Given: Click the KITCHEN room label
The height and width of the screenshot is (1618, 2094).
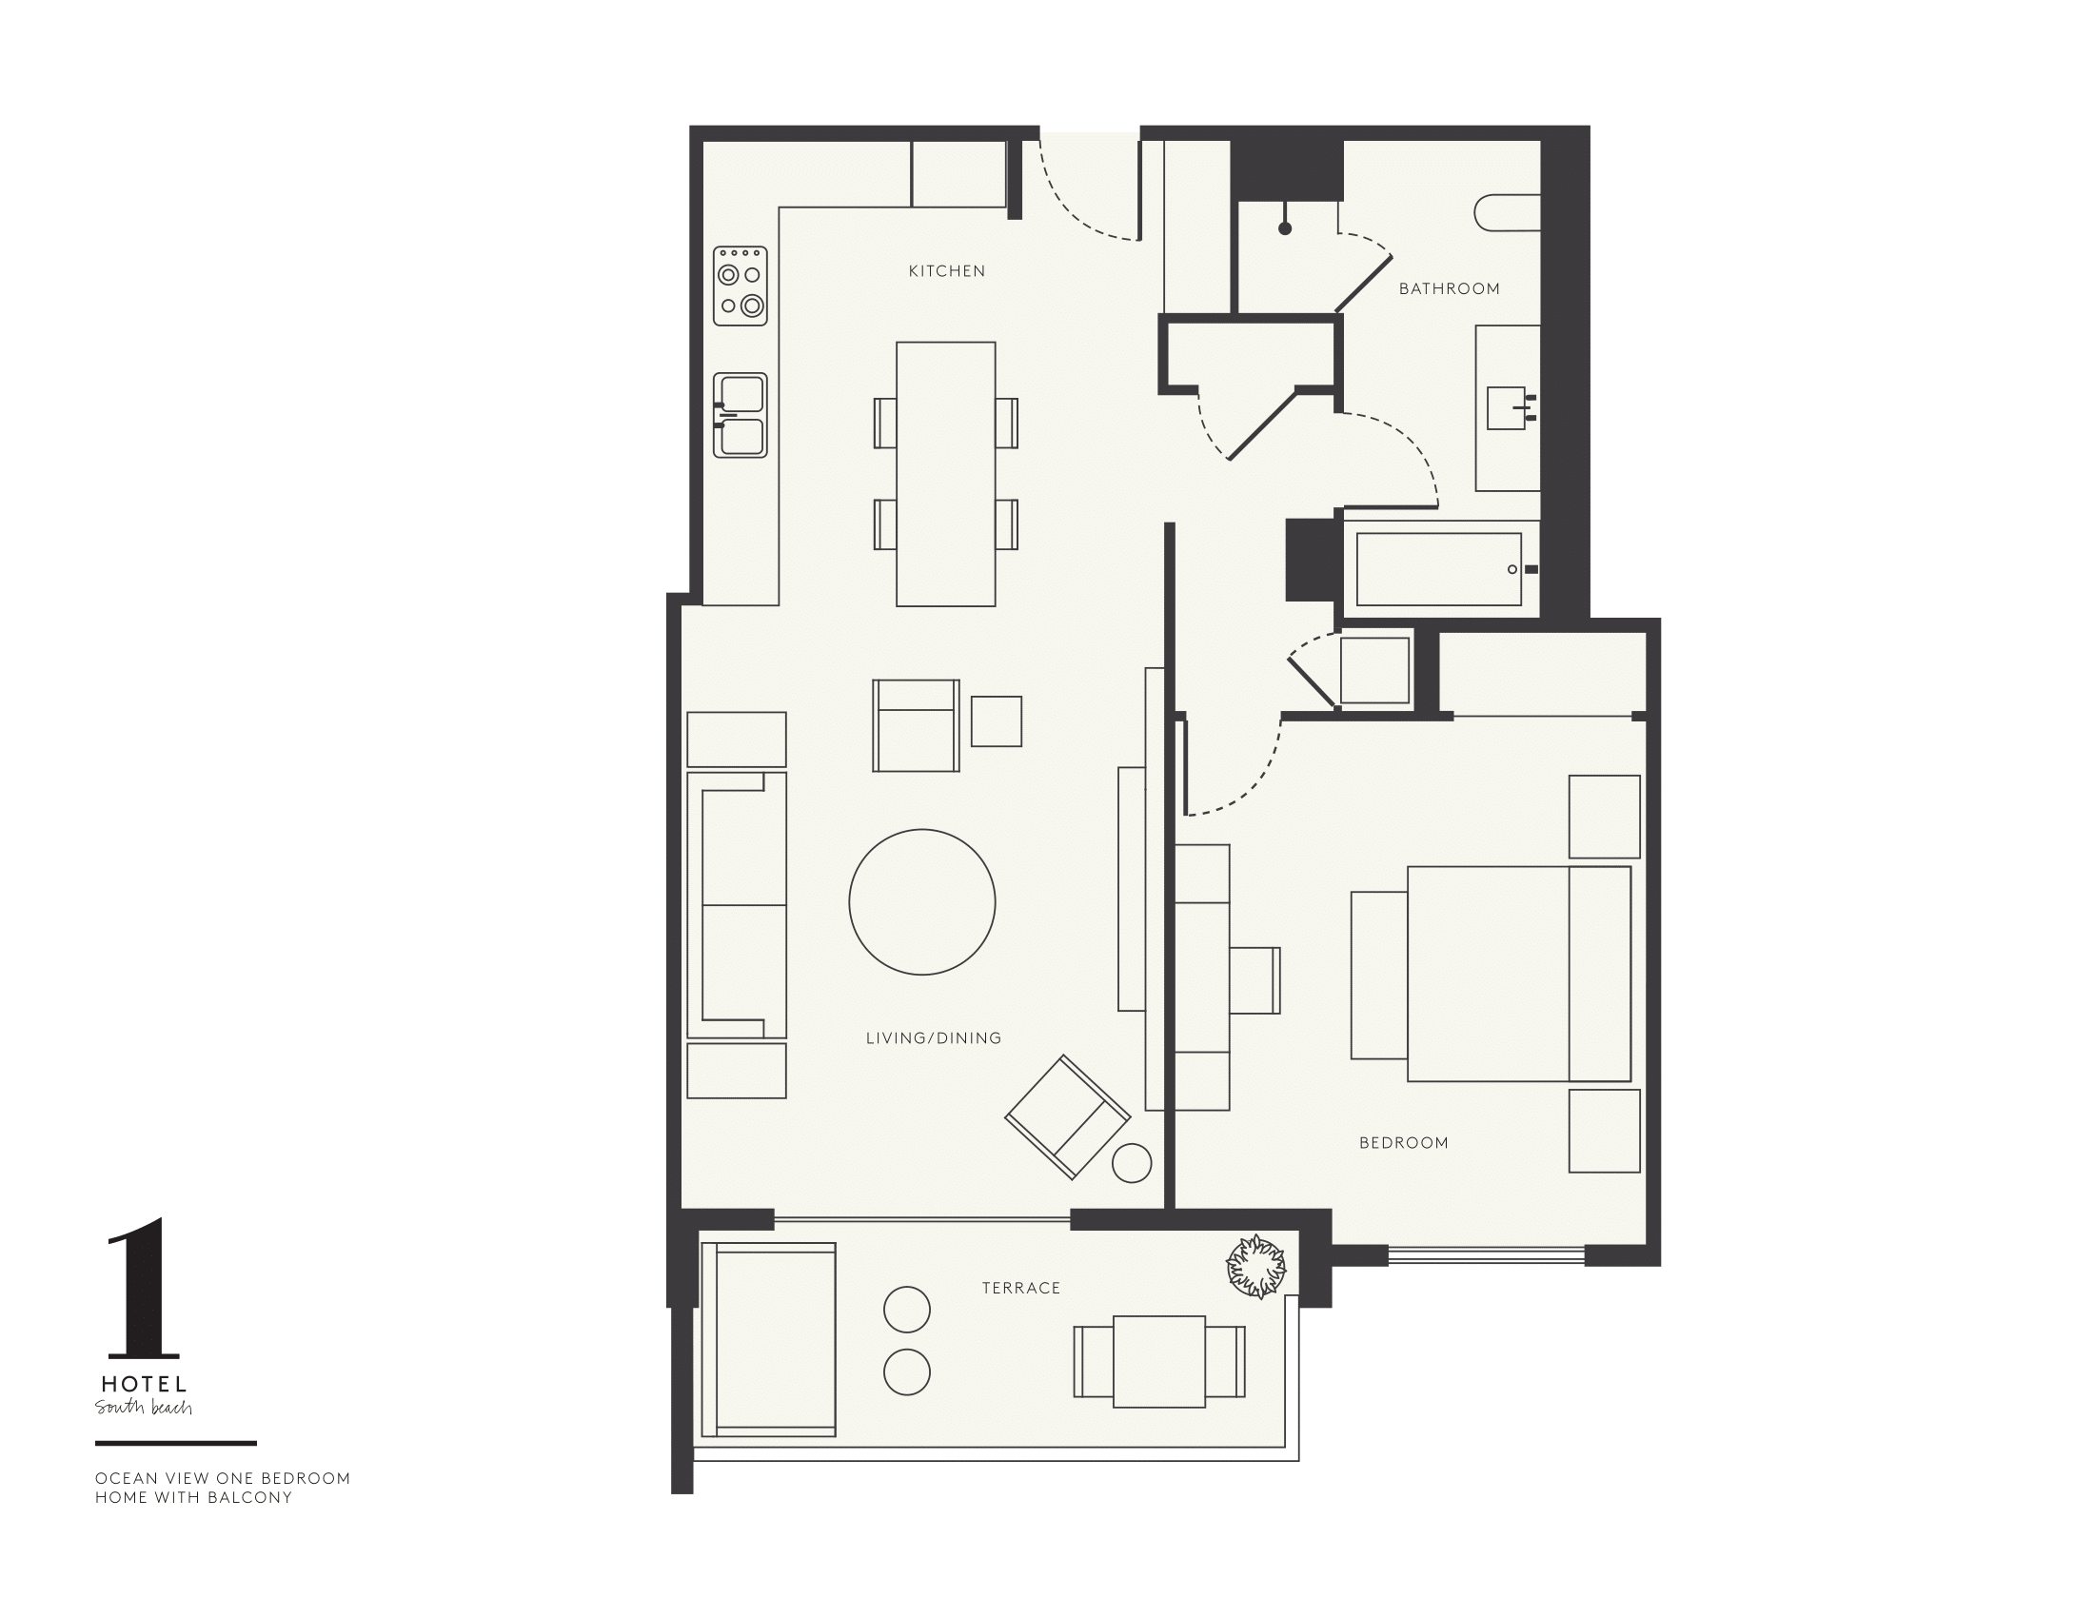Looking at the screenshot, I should (x=946, y=271).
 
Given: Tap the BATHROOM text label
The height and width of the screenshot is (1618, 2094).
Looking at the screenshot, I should (x=1449, y=288).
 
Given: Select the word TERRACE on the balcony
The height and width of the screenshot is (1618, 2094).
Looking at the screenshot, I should (x=1021, y=1289).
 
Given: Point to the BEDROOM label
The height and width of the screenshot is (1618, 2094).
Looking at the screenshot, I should (x=1404, y=1142).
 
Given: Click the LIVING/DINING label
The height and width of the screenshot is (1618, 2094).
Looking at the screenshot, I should (x=933, y=1038).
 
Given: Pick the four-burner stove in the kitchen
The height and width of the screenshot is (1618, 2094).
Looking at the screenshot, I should (x=741, y=286).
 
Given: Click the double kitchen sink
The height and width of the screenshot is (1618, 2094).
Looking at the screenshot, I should (x=741, y=415).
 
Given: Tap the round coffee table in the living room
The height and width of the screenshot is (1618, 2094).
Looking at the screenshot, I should (x=922, y=902).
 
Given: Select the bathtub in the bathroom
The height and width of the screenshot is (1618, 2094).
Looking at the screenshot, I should (x=1438, y=569).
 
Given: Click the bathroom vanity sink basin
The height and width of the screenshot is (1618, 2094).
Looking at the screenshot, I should (x=1507, y=408).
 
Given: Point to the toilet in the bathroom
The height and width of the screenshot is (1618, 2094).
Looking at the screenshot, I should (x=1508, y=213).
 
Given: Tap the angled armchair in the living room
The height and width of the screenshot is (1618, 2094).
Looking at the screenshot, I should (x=1067, y=1116).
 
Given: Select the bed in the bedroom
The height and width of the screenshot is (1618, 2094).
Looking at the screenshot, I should (x=1517, y=974).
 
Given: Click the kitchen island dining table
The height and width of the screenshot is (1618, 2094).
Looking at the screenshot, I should (x=945, y=474).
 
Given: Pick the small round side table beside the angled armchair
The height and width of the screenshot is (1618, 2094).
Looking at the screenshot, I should (x=1132, y=1163).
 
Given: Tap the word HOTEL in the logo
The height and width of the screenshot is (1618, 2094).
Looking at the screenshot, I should (x=144, y=1384).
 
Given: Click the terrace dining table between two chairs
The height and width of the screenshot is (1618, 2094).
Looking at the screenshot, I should (x=1159, y=1361).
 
